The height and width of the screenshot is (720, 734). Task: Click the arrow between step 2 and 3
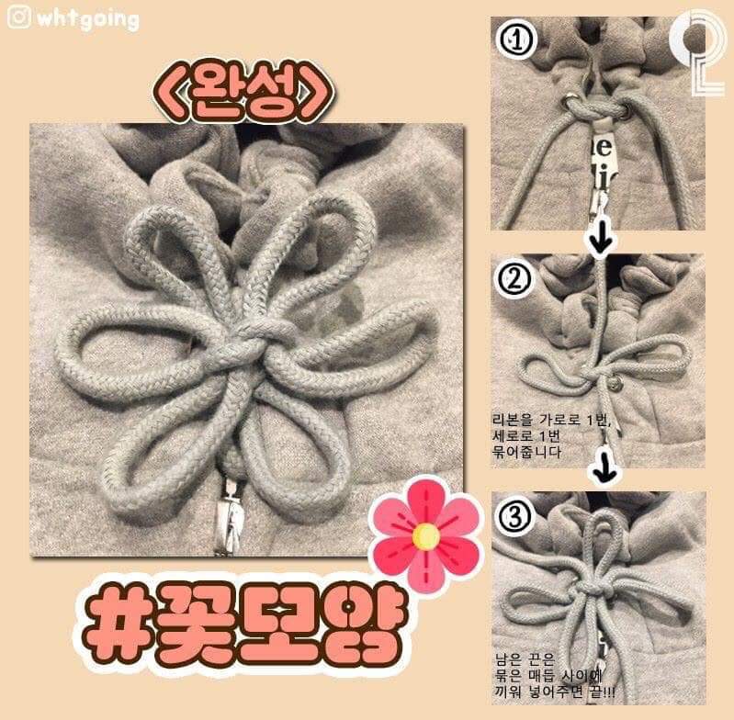602,471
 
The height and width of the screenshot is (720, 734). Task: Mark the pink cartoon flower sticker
424,533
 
